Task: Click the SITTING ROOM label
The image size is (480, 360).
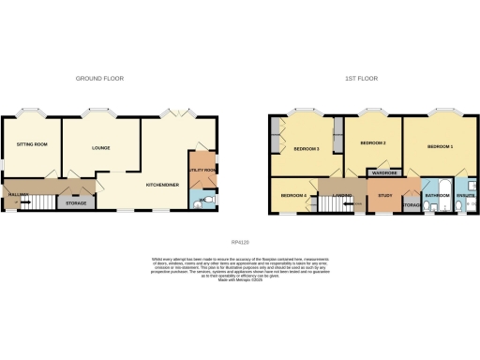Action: pos(31,144)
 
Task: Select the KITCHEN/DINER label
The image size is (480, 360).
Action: pos(162,184)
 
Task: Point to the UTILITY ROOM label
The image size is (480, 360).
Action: pos(202,170)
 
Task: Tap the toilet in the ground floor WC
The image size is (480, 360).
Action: pos(208,201)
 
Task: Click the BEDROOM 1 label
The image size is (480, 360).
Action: pos(440,147)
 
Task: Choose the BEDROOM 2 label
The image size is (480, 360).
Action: pos(372,143)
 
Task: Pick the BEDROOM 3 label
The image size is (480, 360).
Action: pos(307,149)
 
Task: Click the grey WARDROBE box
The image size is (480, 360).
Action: pos(385,173)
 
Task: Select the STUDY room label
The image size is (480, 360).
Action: pos(385,195)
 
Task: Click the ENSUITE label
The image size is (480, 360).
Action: pos(466,196)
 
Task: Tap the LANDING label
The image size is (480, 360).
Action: pos(341,196)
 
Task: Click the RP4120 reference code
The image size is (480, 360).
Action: pos(241,243)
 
